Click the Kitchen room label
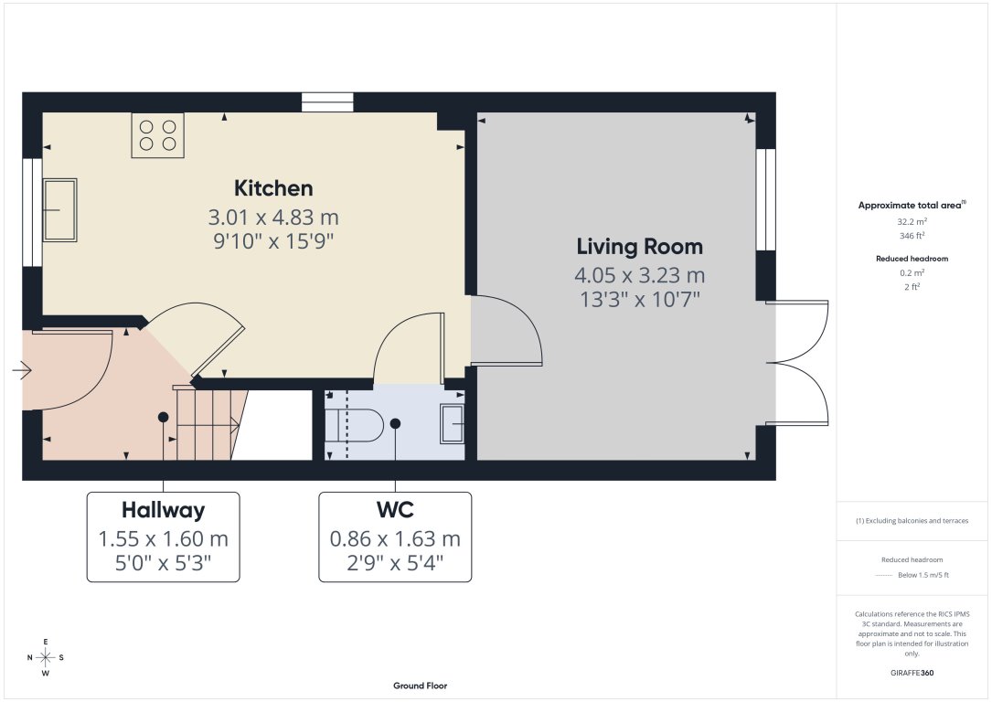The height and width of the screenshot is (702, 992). click(x=273, y=188)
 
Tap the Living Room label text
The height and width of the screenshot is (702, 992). click(x=639, y=247)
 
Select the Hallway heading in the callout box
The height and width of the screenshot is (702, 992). click(x=163, y=510)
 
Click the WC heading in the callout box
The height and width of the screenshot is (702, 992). click(x=394, y=510)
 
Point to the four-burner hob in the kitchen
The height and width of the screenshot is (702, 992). click(x=157, y=135)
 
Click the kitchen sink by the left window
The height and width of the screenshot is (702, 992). click(x=59, y=210)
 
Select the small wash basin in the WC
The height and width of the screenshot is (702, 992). click(x=452, y=423)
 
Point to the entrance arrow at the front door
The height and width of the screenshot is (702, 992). click(x=22, y=370)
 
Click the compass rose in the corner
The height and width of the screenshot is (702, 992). click(x=45, y=657)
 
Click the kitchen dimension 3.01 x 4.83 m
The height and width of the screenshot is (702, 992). click(x=273, y=218)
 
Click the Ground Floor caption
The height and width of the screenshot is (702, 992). click(x=420, y=686)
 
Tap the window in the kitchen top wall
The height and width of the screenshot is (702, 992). click(x=327, y=102)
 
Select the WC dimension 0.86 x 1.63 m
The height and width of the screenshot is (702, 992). click(x=394, y=539)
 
